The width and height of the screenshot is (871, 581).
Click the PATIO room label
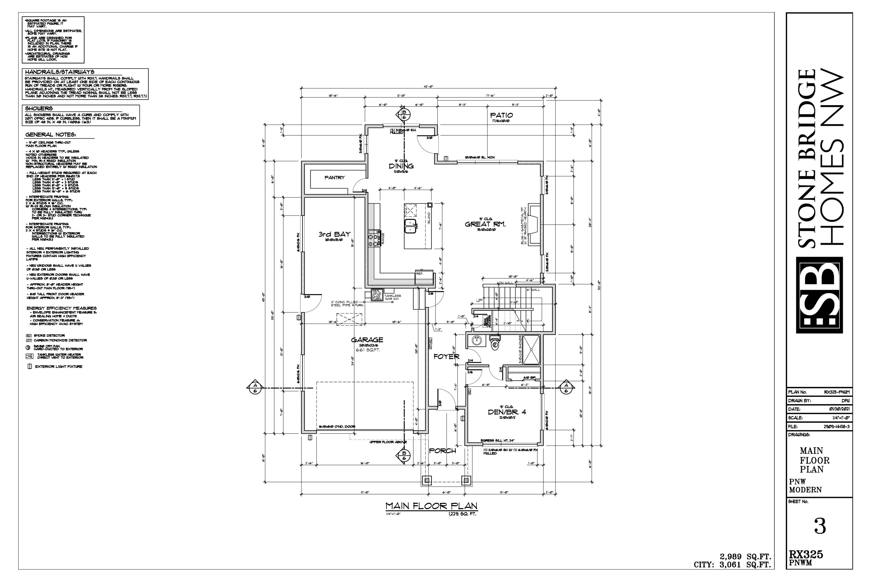[x=501, y=115]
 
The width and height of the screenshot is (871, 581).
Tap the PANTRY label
[x=334, y=177]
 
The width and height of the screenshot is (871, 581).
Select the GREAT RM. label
[x=485, y=224]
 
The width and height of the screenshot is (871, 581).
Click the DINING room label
[x=401, y=166]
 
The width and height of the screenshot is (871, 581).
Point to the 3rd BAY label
[x=334, y=234]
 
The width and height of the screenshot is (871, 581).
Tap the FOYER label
[x=446, y=356]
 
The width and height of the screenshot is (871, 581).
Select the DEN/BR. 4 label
[x=507, y=412]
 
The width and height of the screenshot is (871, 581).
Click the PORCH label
[x=442, y=451]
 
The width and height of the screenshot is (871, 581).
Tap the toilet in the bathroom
[x=495, y=343]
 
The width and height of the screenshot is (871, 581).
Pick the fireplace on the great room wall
[x=534, y=224]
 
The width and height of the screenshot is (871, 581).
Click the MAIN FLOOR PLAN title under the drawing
[x=431, y=506]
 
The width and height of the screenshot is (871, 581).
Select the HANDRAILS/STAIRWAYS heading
[x=59, y=72]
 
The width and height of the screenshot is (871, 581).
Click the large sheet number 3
[x=820, y=526]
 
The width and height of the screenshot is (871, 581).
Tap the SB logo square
[x=819, y=295]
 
